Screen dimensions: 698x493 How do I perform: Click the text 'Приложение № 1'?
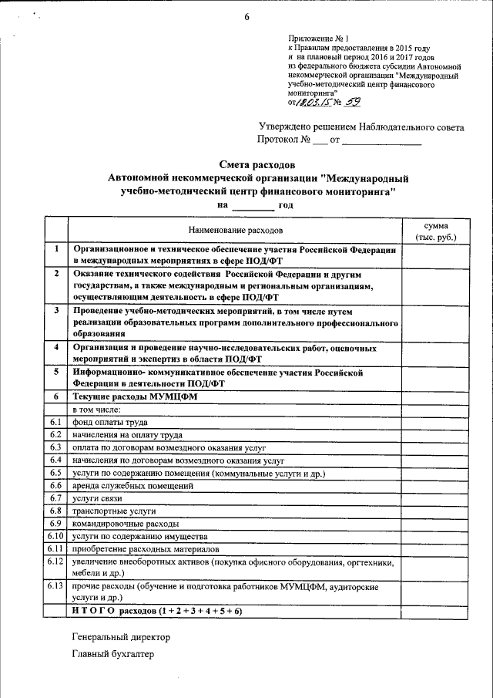(318, 38)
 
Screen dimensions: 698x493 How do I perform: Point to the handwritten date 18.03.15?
(313, 100)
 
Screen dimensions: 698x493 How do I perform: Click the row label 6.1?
(55, 422)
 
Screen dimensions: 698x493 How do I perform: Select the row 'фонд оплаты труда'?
(109, 422)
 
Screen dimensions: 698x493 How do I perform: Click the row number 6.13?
(55, 586)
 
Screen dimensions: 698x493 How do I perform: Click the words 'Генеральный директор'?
(121, 638)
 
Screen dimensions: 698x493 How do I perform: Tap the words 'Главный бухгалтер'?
(113, 654)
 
